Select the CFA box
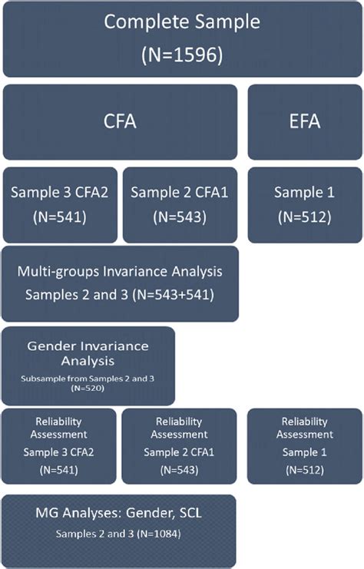pyautogui.click(x=120, y=121)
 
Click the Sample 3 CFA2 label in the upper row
pyautogui.click(x=59, y=191)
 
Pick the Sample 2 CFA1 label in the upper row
pyautogui.click(x=180, y=191)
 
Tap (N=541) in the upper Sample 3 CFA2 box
pyautogui.click(x=59, y=217)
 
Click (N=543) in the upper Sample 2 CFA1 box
pyautogui.click(x=180, y=217)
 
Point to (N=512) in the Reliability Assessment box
pyautogui.click(x=305, y=468)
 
